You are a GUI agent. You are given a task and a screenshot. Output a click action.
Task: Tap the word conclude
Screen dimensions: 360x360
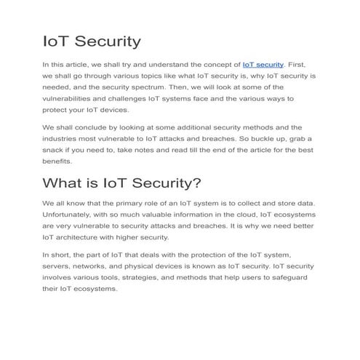coord(89,127)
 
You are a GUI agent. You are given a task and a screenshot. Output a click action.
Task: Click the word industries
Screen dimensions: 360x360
coord(60,138)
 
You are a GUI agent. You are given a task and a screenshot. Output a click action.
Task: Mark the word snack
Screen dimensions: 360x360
coord(55,150)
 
